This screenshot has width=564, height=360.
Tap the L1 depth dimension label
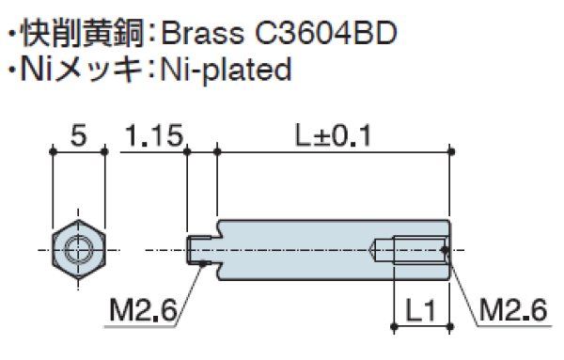[x=420, y=308]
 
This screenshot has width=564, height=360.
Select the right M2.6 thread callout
[x=511, y=308]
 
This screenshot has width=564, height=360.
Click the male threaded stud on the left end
[x=200, y=249]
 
